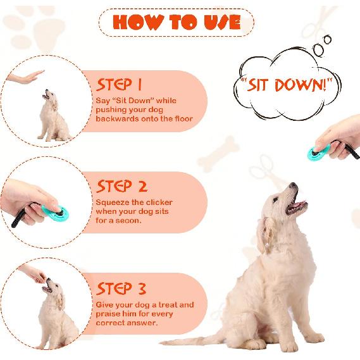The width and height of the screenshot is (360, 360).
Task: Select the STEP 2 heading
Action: (x=121, y=186)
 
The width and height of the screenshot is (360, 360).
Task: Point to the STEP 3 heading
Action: (x=121, y=289)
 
